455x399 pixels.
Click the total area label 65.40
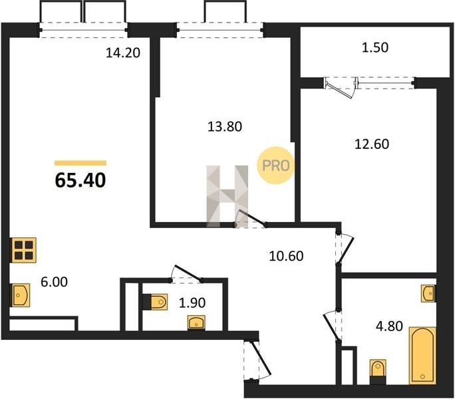tap(80, 180)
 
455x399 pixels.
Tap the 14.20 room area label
tap(123, 53)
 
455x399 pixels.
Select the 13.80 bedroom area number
tap(225, 127)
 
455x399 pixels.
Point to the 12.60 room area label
tap(372, 144)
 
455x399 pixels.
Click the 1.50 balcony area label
tap(375, 47)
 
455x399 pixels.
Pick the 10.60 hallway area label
tap(286, 256)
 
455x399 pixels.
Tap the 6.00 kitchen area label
tap(55, 282)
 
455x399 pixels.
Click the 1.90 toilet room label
tap(192, 303)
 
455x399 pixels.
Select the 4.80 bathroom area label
tap(389, 326)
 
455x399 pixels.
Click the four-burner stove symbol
tap(24, 250)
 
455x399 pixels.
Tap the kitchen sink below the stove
tap(21, 295)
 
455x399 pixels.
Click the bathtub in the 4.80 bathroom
tap(422, 356)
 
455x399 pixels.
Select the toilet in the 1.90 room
tap(156, 302)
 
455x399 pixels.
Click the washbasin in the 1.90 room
tap(196, 323)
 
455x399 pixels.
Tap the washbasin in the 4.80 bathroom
tap(428, 294)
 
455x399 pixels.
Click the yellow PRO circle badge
tap(275, 166)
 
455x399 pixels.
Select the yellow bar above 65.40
tap(80, 163)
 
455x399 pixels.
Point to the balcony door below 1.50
tap(341, 87)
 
